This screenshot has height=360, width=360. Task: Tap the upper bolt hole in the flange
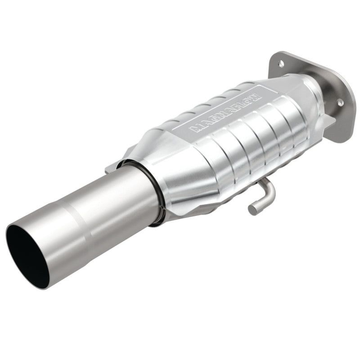click(x=281, y=63)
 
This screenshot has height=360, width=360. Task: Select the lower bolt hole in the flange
click(x=341, y=103)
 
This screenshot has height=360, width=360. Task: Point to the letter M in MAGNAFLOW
click(x=194, y=129)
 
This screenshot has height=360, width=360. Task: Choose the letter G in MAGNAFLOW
click(x=209, y=120)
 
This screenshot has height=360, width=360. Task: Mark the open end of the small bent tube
click(x=252, y=208)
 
